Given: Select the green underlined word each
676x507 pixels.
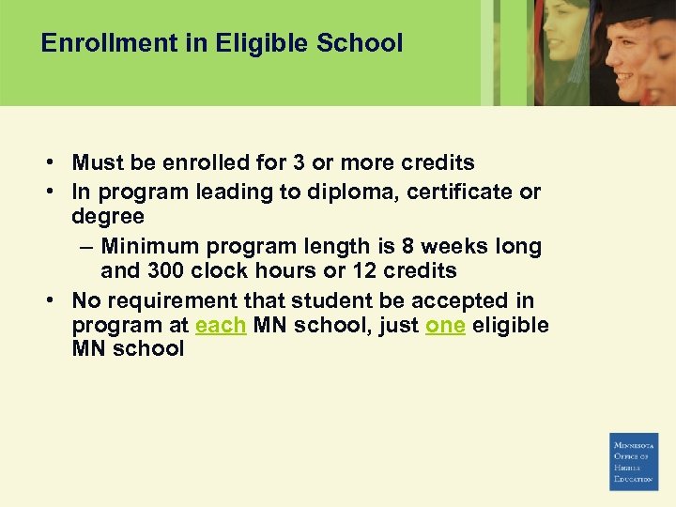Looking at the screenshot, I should pyautogui.click(x=221, y=326).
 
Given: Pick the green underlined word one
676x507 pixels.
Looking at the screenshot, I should pyautogui.click(x=445, y=326).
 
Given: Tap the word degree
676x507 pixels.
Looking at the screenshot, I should pyautogui.click(x=108, y=217).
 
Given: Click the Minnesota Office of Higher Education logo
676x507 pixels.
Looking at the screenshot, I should pyautogui.click(x=634, y=462).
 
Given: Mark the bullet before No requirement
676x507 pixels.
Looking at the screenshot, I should pyautogui.click(x=47, y=300).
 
